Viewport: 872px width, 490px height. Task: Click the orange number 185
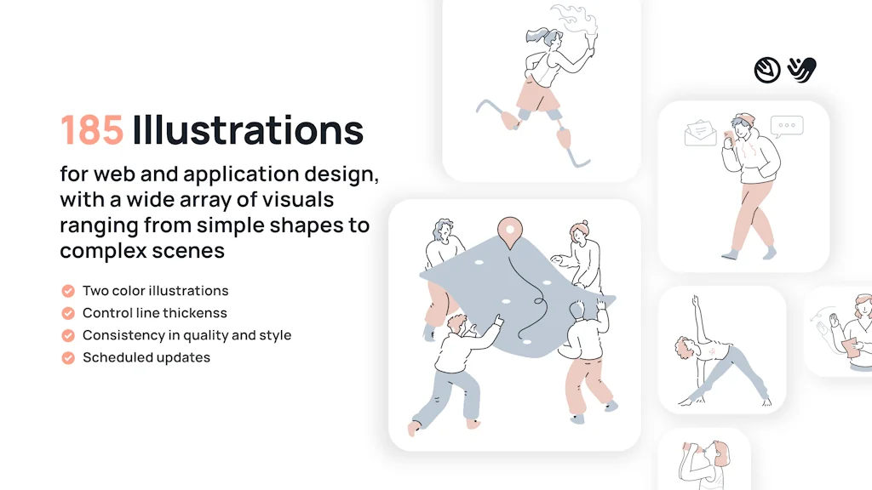pos(92,130)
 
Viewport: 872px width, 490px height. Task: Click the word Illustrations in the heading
pos(248,130)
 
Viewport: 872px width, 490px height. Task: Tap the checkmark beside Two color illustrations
pos(68,291)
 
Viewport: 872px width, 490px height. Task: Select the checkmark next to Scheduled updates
pos(68,357)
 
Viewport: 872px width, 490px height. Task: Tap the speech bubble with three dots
pos(787,126)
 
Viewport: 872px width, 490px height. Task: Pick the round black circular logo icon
pos(767,70)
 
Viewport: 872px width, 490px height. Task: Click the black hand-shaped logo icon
pos(801,69)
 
